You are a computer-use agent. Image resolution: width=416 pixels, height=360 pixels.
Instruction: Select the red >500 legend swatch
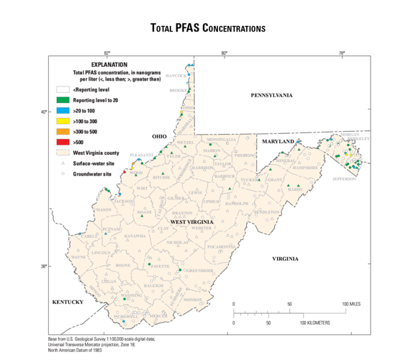tap(63, 143)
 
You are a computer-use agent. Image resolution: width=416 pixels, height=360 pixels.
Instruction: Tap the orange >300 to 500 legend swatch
tap(63, 132)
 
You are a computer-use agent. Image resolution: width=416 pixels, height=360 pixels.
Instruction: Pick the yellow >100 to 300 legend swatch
tap(63, 122)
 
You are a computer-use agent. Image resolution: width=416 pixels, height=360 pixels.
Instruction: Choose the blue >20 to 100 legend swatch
tap(63, 111)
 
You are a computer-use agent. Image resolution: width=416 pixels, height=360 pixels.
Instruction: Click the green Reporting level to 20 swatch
tap(63, 100)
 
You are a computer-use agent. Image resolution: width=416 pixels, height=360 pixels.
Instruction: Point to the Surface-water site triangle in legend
tap(63, 163)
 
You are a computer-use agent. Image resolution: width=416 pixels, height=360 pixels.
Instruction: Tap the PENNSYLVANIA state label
tap(271, 96)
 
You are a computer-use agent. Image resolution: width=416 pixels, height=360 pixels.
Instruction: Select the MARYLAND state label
tap(278, 142)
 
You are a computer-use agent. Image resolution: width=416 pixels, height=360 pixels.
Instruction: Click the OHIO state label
tap(159, 136)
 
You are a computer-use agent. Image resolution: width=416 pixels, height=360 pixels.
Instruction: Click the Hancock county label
tap(176, 75)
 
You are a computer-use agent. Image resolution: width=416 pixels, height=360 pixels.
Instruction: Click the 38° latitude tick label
tap(42, 266)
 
